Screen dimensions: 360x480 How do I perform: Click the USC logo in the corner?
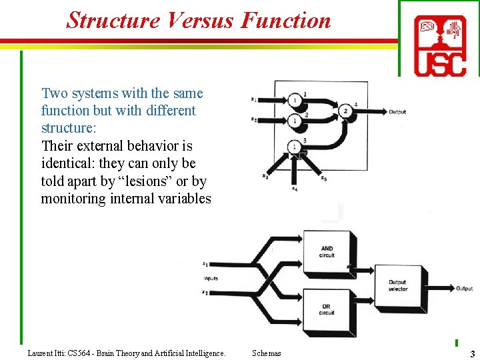439,45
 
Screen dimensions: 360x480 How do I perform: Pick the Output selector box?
398,286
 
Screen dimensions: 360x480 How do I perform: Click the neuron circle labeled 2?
346,111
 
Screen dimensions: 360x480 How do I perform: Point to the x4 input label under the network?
294,188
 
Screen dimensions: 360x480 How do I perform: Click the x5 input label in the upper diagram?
323,178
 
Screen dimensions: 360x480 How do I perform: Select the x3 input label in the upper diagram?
265,176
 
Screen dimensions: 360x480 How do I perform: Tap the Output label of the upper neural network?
397,112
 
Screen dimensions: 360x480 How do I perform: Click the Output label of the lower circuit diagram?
465,289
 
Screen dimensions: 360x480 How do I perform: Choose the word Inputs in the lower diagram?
211,278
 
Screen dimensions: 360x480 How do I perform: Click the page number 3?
472,353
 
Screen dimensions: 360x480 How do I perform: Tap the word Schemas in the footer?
267,353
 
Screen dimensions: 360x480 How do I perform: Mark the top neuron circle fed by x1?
294,100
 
